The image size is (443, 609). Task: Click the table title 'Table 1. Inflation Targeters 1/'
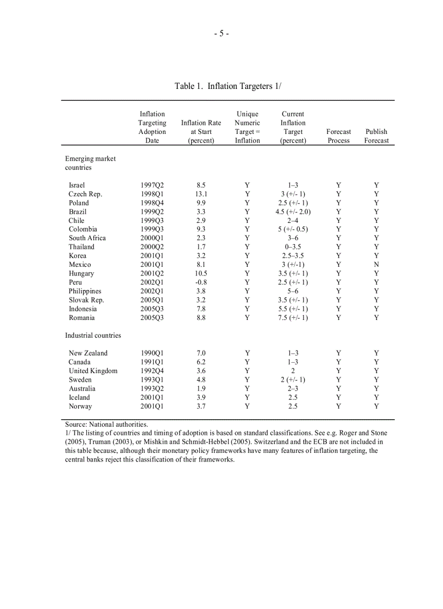click(x=227, y=86)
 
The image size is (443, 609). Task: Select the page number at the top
click(x=221, y=34)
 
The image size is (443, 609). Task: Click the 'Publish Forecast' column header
click(x=376, y=136)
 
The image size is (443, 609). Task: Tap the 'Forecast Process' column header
click(x=338, y=136)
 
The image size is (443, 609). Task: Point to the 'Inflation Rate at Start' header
click(x=201, y=132)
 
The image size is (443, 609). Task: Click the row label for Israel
click(x=77, y=185)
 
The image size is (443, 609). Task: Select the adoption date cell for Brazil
click(x=152, y=211)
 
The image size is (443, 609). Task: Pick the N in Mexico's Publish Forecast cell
click(x=376, y=265)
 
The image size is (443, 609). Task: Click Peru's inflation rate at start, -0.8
click(x=201, y=283)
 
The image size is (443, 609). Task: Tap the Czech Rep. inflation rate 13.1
click(x=201, y=194)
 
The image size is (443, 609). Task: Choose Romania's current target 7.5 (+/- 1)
click(x=293, y=318)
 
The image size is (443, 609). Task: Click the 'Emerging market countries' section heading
click(x=90, y=163)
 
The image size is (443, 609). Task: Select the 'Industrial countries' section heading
click(x=93, y=336)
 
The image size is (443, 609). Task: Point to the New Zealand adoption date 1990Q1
click(x=152, y=353)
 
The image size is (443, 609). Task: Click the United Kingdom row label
click(x=93, y=371)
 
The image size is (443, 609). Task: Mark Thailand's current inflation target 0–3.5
click(x=293, y=247)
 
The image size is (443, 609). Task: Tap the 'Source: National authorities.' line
click(x=106, y=425)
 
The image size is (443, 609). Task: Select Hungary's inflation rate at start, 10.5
click(x=201, y=273)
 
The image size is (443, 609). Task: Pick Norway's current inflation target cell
click(x=293, y=406)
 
